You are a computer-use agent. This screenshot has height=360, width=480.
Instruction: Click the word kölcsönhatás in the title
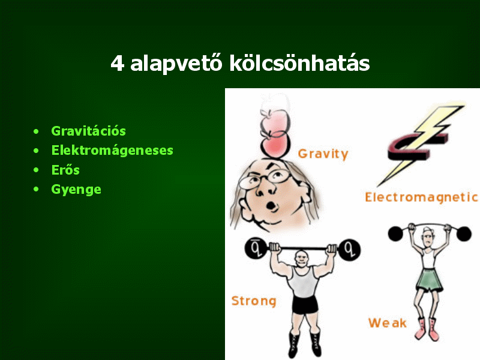click(299, 63)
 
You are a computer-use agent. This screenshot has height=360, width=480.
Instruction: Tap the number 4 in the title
click(117, 64)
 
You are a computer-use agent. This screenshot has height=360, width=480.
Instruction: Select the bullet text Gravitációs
click(88, 131)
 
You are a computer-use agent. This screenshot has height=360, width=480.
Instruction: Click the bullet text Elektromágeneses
click(112, 151)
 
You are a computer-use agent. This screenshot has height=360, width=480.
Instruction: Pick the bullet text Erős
click(65, 170)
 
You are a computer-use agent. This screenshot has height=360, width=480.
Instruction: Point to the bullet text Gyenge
click(76, 190)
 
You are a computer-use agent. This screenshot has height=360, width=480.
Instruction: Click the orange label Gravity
click(323, 154)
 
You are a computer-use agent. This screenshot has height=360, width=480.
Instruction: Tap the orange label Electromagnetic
click(421, 197)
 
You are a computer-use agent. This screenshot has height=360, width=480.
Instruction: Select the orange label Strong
click(254, 301)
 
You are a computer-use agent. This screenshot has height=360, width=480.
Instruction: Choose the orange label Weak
click(388, 323)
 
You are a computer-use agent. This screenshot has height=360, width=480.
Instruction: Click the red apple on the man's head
click(275, 145)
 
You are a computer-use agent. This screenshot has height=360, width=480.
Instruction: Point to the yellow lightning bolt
click(421, 145)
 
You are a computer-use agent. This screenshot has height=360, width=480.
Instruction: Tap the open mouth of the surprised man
click(271, 205)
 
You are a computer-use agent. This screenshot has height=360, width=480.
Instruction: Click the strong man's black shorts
click(305, 305)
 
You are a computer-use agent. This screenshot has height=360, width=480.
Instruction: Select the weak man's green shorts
click(429, 280)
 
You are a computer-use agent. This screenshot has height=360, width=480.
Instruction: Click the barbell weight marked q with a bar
click(256, 248)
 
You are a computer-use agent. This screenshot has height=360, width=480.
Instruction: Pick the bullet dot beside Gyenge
click(37, 190)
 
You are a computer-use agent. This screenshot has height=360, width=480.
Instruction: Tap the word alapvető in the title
click(176, 64)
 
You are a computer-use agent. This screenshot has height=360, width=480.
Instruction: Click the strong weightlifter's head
click(302, 259)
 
